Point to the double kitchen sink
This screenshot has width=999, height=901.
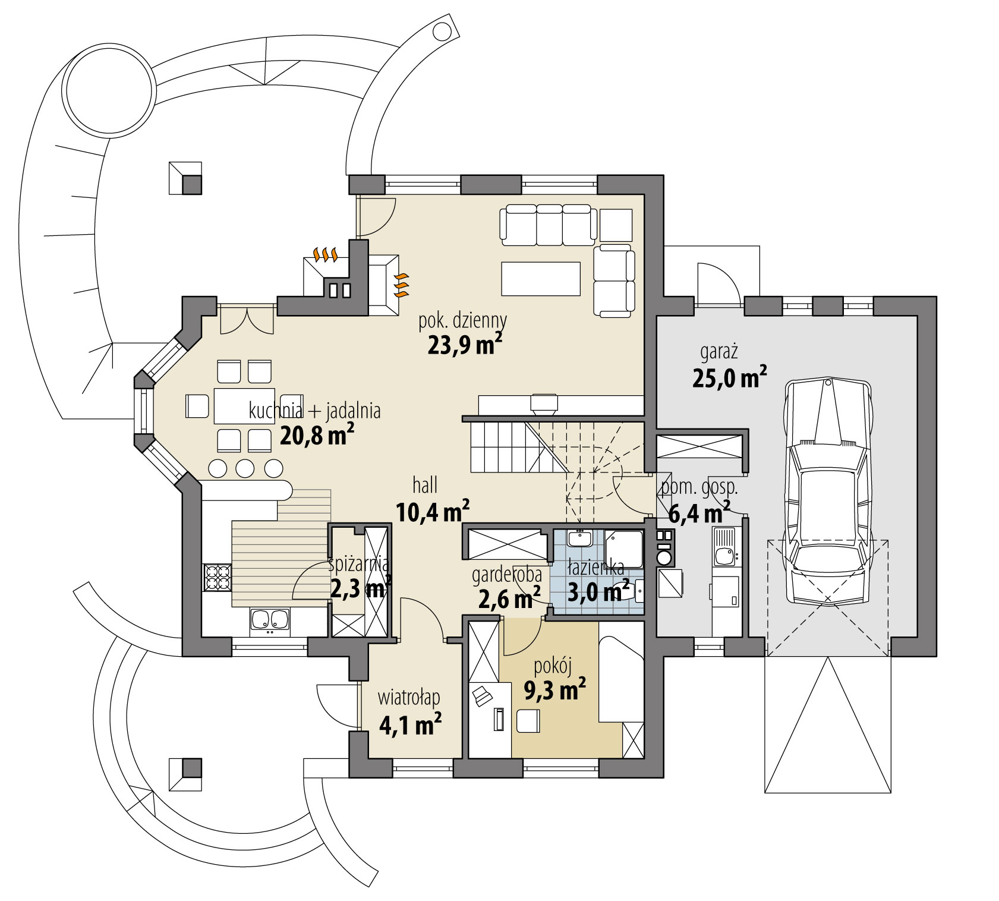pos(270,620)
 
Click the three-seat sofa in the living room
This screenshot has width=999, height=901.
pos(548,225)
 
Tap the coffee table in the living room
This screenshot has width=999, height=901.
pos(540,278)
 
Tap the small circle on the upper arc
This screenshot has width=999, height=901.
pos(442,30)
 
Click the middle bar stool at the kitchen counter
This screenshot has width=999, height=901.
pos(245,468)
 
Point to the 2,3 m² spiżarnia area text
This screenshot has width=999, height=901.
pos(360,588)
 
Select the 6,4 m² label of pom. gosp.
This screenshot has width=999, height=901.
pos(699,512)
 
